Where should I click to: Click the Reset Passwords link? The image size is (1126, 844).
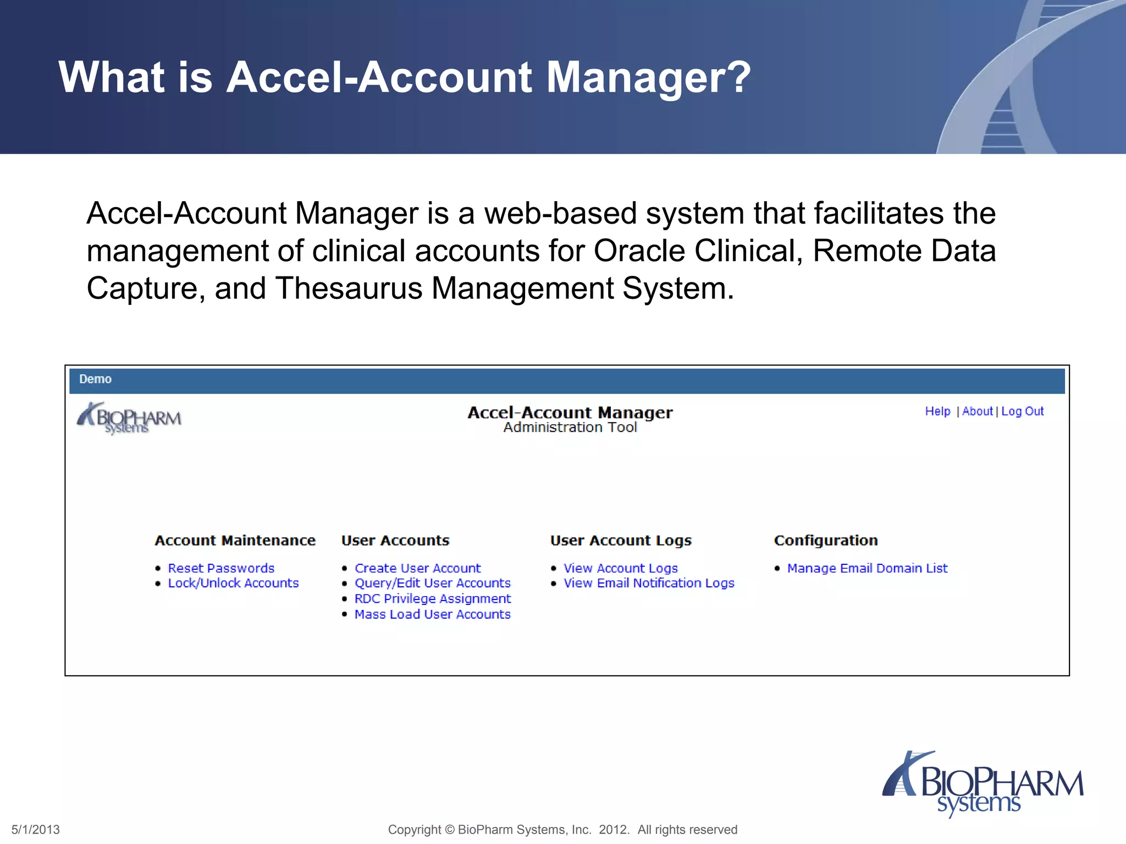click(x=221, y=568)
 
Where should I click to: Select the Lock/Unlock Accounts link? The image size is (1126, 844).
click(x=233, y=583)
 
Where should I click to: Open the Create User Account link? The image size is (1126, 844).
click(x=417, y=568)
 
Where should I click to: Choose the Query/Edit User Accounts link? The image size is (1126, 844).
click(x=432, y=583)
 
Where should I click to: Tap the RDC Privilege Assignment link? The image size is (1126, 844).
click(x=432, y=598)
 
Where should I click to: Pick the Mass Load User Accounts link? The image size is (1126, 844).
click(x=432, y=614)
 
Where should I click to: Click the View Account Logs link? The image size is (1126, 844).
click(x=620, y=568)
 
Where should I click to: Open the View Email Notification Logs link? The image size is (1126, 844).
click(x=649, y=583)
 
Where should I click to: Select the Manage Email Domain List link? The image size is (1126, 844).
click(x=867, y=568)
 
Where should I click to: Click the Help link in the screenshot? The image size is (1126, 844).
click(x=937, y=411)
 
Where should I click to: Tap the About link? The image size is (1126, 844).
click(x=977, y=411)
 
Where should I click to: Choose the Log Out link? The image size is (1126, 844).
click(x=1022, y=411)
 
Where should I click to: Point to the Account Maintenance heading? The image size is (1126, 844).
click(x=235, y=541)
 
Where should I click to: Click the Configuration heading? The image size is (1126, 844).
click(x=825, y=541)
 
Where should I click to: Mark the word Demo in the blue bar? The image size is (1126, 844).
click(x=95, y=379)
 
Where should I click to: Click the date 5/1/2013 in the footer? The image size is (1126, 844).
click(x=36, y=830)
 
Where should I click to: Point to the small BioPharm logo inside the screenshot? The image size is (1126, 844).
click(x=129, y=418)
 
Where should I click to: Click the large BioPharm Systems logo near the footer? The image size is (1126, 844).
click(x=983, y=784)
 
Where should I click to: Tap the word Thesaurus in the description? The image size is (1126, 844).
click(x=349, y=288)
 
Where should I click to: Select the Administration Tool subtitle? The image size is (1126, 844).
click(x=570, y=427)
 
